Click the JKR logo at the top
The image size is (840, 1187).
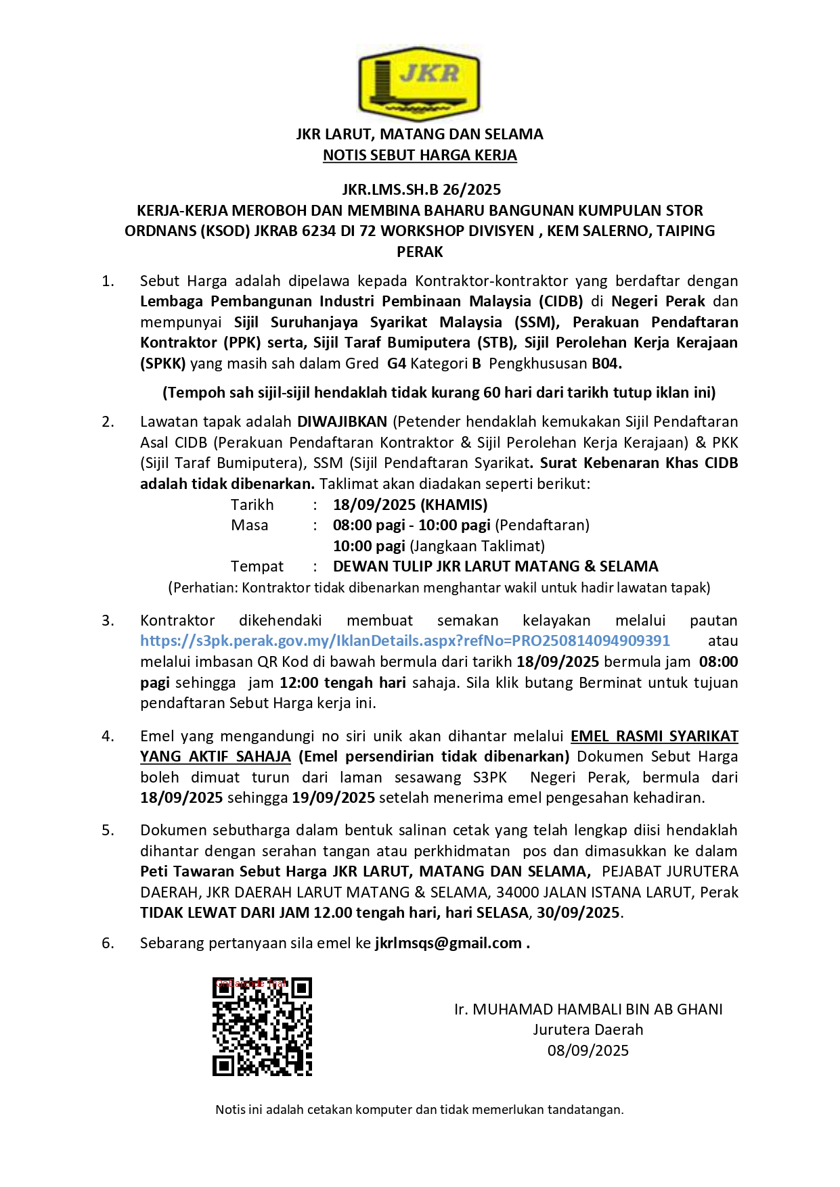click(419, 83)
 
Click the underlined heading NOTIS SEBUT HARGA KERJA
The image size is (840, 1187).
click(420, 155)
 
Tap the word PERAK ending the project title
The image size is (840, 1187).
click(420, 252)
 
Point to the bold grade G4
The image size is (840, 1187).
click(397, 363)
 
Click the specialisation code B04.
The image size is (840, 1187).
click(606, 363)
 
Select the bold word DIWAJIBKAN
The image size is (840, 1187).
click(342, 421)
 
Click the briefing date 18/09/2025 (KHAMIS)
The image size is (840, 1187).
click(410, 505)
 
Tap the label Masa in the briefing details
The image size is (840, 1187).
click(249, 525)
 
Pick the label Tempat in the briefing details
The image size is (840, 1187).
click(257, 566)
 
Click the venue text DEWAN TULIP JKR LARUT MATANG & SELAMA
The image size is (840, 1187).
click(495, 566)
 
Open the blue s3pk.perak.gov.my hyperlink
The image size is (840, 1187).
click(405, 641)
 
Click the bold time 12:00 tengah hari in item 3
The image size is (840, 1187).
click(342, 682)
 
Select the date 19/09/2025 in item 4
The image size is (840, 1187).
click(334, 797)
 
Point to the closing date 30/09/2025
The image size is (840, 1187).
click(579, 912)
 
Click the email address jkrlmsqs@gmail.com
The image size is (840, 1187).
click(448, 943)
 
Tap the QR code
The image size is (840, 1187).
click(262, 1027)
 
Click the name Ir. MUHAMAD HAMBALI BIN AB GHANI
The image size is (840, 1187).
click(588, 1009)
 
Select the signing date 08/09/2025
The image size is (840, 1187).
click(588, 1050)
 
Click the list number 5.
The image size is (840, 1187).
click(108, 830)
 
